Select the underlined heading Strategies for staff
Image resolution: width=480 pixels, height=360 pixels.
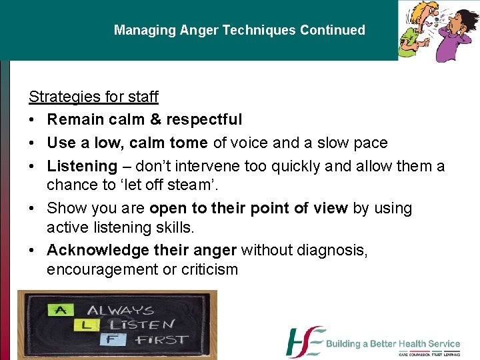[93, 97]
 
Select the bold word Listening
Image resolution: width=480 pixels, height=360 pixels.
[82, 166]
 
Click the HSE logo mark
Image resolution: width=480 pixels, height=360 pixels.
[305, 342]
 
